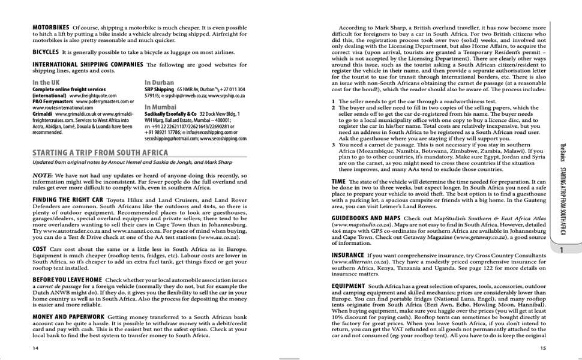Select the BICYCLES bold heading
(x=46, y=52)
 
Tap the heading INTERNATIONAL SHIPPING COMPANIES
(x=88, y=64)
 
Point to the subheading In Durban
(x=160, y=83)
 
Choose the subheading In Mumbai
(x=161, y=107)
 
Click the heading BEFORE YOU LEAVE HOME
(x=67, y=280)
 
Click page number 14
(x=36, y=347)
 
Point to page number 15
(x=543, y=347)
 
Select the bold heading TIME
(x=338, y=181)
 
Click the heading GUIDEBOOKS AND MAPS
(x=366, y=218)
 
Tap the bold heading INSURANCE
(x=347, y=255)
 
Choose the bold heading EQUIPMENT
(x=348, y=286)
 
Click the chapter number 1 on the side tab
(x=560, y=251)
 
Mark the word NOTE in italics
(x=43, y=175)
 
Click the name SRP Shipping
(x=159, y=89)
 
